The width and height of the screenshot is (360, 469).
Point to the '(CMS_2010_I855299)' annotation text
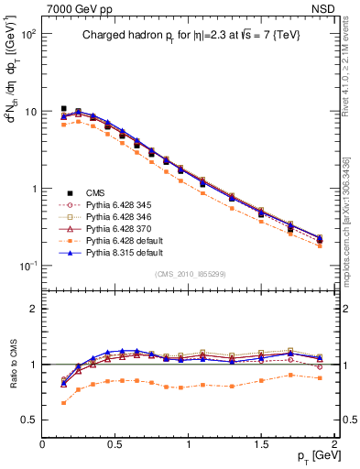coord(187,275)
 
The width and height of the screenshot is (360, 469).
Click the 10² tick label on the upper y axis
coord(27,34)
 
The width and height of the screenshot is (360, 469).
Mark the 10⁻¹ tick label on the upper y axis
coord(27,266)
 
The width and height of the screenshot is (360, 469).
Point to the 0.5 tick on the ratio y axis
coord(29,420)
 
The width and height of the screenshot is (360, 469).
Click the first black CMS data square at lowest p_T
coord(63,109)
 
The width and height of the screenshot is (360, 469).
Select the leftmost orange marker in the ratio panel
coord(63,403)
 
